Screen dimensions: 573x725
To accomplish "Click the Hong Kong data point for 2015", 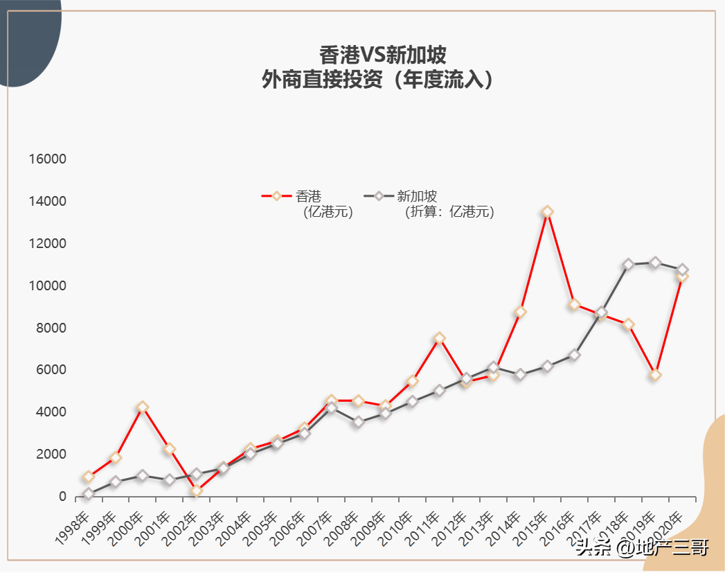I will pos(547,212).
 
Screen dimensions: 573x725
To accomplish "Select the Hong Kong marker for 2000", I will pos(142,407).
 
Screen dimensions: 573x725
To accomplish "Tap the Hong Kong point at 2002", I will pos(196,491).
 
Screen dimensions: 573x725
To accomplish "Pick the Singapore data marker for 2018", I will pos(628,265).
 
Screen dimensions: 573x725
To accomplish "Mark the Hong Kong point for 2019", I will pos(655,375).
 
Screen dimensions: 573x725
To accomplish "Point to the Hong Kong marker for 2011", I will pos(439,338).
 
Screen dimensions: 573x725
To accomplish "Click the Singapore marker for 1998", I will pos(88,494).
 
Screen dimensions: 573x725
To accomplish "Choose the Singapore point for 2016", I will pos(574,355).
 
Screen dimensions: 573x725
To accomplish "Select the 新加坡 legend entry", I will pos(416,197).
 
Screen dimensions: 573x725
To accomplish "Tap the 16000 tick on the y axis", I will pos(48,159).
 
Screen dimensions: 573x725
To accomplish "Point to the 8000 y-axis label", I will pos(52,328).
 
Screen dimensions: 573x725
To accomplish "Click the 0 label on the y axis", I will pos(62,497).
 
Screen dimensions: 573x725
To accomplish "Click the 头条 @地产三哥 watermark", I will pos(641,549).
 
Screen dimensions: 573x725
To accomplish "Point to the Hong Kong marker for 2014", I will pos(520,312).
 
